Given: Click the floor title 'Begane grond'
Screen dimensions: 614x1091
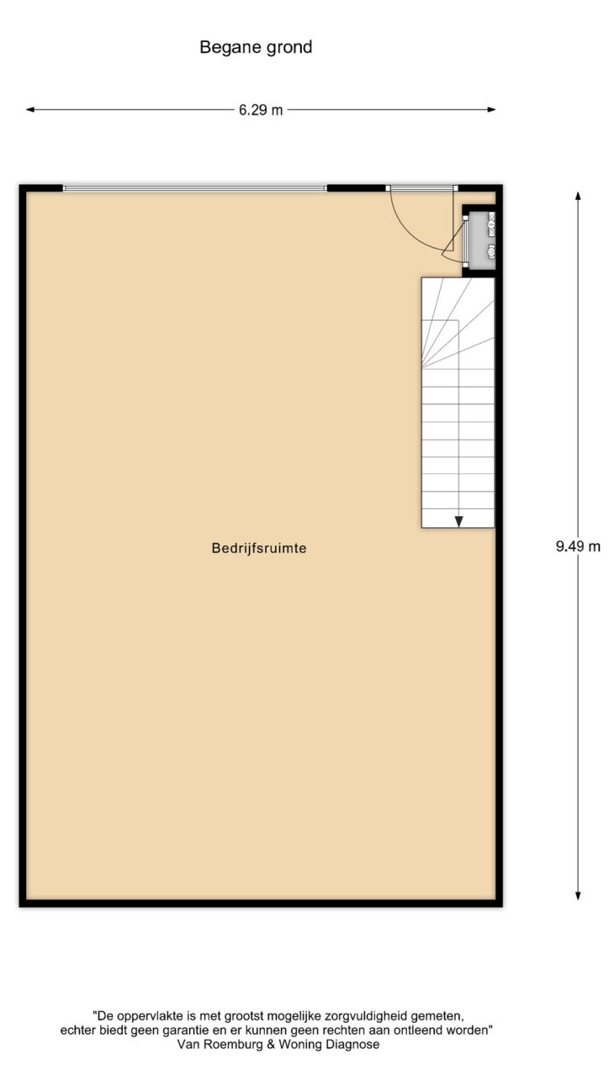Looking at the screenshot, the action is pyautogui.click(x=256, y=47).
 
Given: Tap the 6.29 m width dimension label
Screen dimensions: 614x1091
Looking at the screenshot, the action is pyautogui.click(x=261, y=110).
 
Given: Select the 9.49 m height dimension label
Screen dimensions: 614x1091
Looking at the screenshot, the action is pyautogui.click(x=578, y=546).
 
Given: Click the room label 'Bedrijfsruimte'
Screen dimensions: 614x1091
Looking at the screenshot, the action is pyautogui.click(x=259, y=548).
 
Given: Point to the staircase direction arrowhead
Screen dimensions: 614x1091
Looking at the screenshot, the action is pyautogui.click(x=458, y=522).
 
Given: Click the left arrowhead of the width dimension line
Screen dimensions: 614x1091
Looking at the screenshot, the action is pyautogui.click(x=30, y=109).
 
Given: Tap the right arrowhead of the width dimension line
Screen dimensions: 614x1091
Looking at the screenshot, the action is pyautogui.click(x=491, y=109).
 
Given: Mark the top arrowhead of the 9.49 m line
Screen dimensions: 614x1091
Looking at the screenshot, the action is pyautogui.click(x=578, y=196).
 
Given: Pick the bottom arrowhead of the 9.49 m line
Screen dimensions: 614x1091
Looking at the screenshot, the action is pyautogui.click(x=578, y=895).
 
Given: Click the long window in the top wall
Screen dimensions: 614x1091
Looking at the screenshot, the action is pyautogui.click(x=195, y=188).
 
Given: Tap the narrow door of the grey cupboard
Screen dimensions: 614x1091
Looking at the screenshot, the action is pyautogui.click(x=465, y=241).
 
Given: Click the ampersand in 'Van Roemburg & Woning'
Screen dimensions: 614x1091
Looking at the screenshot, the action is pyautogui.click(x=272, y=1044).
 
